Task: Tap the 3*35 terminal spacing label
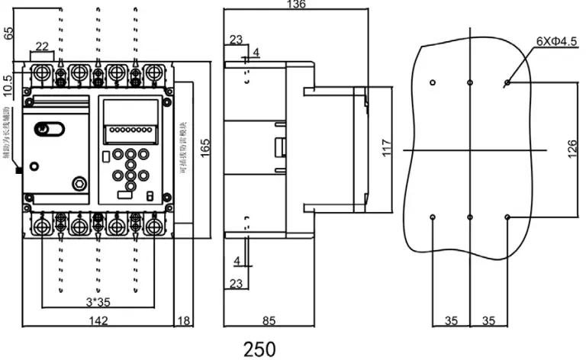pyautogui.click(x=97, y=301)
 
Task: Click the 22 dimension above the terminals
pyautogui.click(x=42, y=46)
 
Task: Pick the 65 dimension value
pyautogui.click(x=9, y=33)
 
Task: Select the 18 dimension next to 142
pyautogui.click(x=183, y=321)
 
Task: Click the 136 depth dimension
pyautogui.click(x=295, y=5)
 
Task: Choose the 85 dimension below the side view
pyautogui.click(x=269, y=321)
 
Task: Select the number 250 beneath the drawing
pyautogui.click(x=259, y=349)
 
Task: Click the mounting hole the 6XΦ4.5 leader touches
pyautogui.click(x=507, y=82)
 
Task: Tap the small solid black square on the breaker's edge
pyautogui.click(x=18, y=169)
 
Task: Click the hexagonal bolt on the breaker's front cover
pyautogui.click(x=79, y=183)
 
